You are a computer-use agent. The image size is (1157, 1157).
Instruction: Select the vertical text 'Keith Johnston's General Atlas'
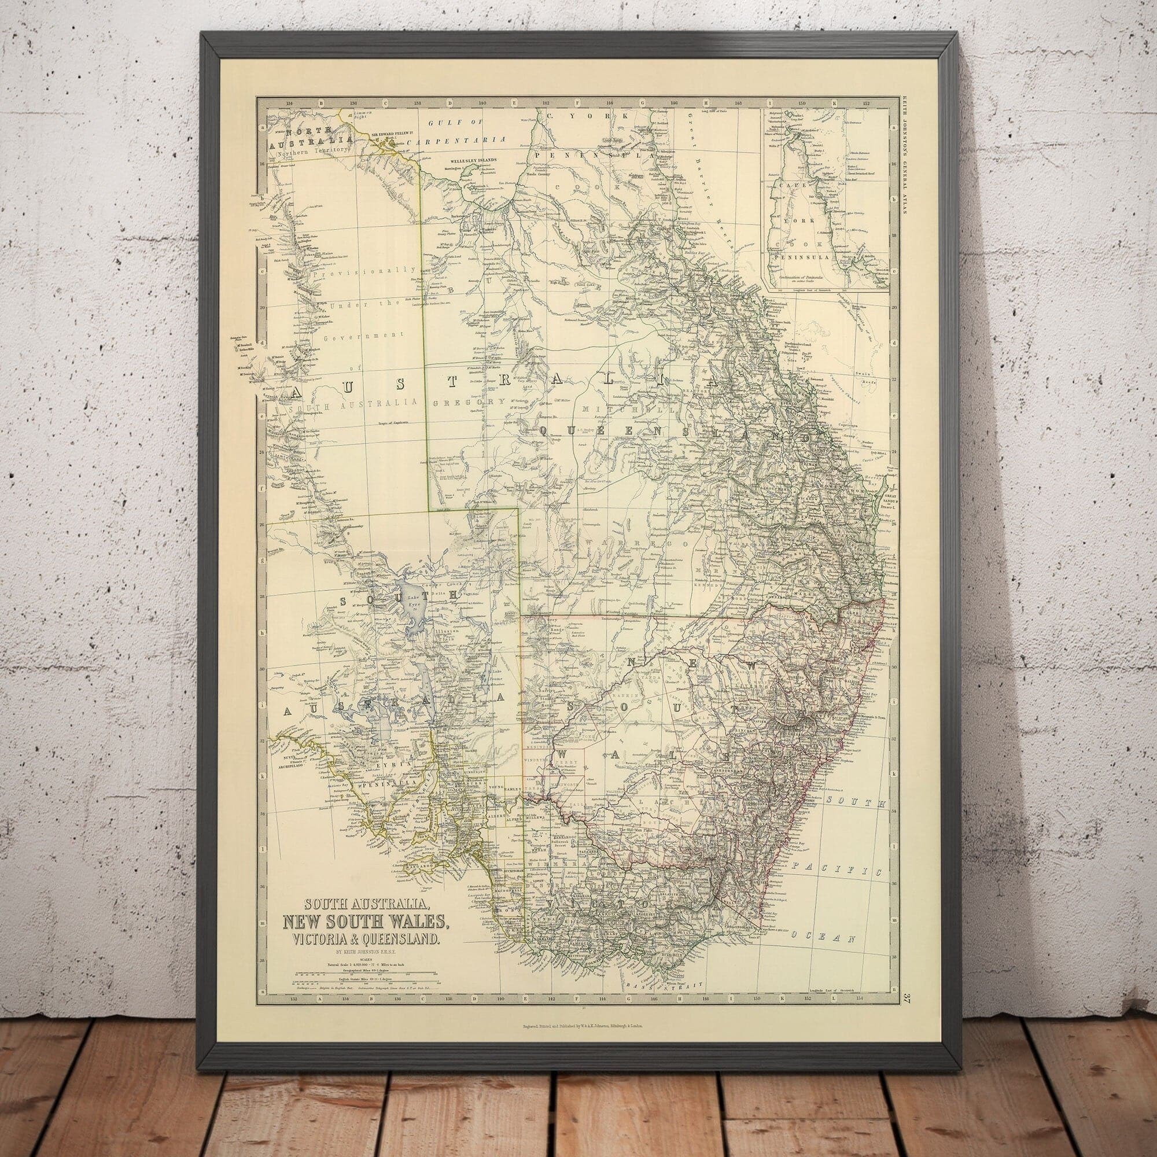point(903,156)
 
